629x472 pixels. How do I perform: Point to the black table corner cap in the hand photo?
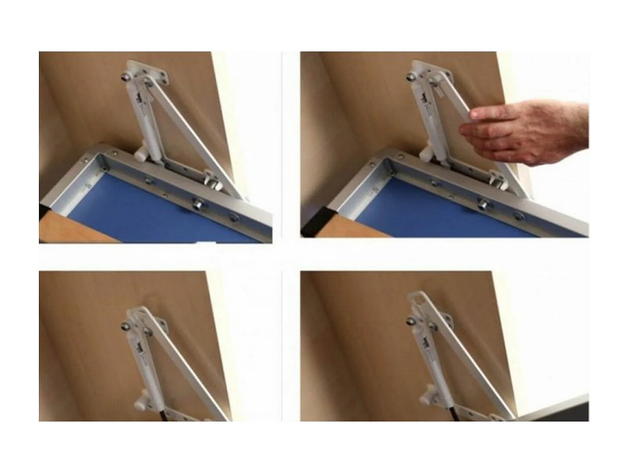point(314,228)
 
